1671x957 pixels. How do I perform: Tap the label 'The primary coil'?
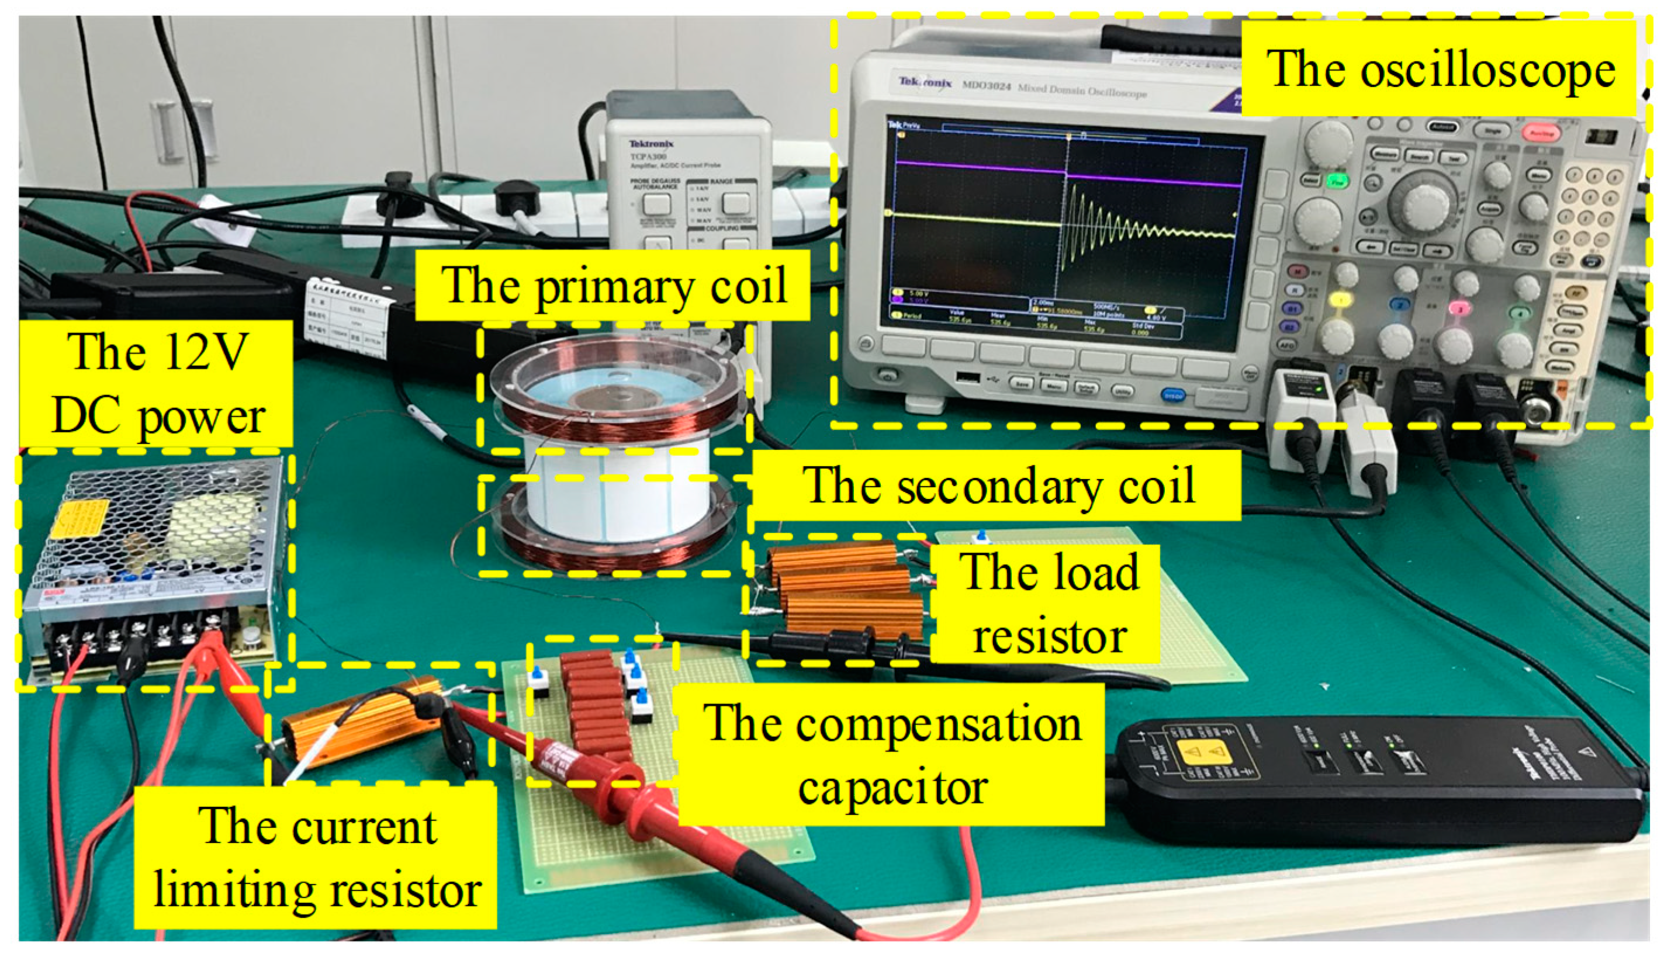tap(613, 285)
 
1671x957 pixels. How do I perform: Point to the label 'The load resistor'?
tap(1048, 604)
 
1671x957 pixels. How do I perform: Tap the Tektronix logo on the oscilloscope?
tap(924, 82)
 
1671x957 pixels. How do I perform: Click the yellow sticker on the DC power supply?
tap(79, 519)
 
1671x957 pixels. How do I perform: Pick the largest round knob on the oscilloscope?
tap(1423, 200)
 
